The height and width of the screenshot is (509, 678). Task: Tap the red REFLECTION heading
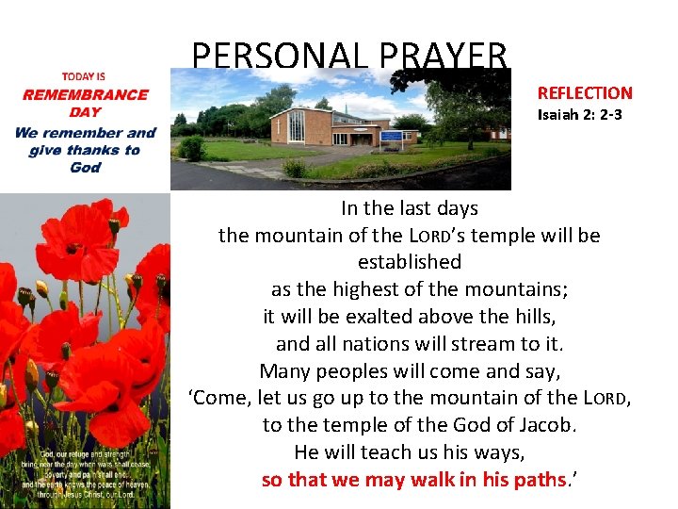click(585, 92)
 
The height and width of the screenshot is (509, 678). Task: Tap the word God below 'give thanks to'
click(85, 168)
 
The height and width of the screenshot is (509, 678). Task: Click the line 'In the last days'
click(410, 208)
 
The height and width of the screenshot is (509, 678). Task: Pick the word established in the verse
click(410, 261)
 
